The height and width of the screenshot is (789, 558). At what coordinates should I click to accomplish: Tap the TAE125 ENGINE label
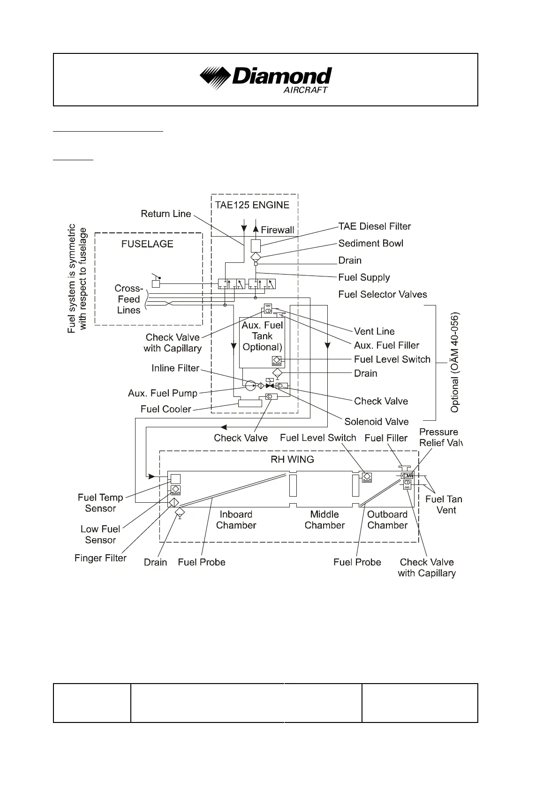pyautogui.click(x=252, y=205)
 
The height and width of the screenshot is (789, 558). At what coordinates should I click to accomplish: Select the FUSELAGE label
pyautogui.click(x=147, y=244)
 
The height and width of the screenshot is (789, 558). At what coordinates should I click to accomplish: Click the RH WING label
pyautogui.click(x=292, y=459)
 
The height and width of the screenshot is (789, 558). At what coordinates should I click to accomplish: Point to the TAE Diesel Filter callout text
pyautogui.click(x=375, y=226)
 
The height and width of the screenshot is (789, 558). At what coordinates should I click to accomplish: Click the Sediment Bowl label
pyautogui.click(x=370, y=243)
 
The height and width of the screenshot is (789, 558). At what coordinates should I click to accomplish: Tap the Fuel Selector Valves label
pyautogui.click(x=383, y=294)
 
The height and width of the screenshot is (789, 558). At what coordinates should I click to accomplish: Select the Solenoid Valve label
pyautogui.click(x=377, y=421)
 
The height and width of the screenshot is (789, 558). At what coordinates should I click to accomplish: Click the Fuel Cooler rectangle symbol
pyautogui.click(x=250, y=403)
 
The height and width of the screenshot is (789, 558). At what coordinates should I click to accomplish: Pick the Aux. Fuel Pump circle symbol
pyautogui.click(x=250, y=386)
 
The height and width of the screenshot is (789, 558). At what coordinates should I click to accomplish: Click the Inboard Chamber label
pyautogui.click(x=236, y=520)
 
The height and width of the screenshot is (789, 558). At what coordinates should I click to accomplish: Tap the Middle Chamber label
pyautogui.click(x=324, y=520)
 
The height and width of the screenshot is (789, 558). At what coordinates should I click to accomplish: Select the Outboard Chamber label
pyautogui.click(x=387, y=520)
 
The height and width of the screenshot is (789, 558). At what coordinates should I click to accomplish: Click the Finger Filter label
pyautogui.click(x=100, y=558)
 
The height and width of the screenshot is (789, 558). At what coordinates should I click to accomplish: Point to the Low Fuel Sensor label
pyautogui.click(x=100, y=534)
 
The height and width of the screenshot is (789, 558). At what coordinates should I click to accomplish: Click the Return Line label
pyautogui.click(x=166, y=214)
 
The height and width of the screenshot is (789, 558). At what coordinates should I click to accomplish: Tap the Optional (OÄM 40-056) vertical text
pyautogui.click(x=454, y=363)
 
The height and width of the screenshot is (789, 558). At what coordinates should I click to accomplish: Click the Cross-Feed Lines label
pyautogui.click(x=129, y=299)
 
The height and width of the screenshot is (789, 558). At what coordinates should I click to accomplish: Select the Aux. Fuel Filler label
pyautogui.click(x=386, y=345)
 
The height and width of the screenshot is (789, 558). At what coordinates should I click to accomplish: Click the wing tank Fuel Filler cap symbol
pyautogui.click(x=404, y=468)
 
